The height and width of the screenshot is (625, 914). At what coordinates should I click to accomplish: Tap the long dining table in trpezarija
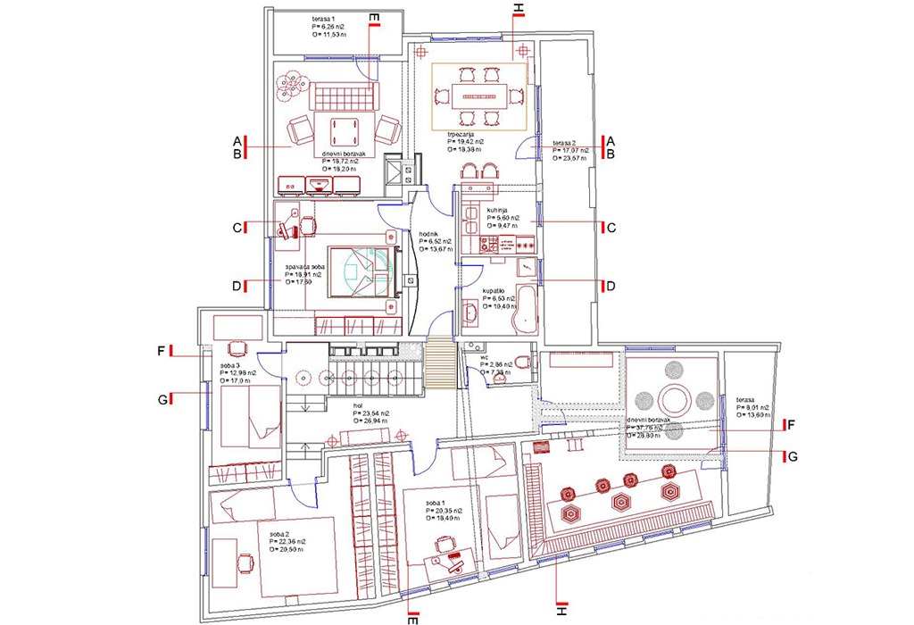click(x=477, y=94)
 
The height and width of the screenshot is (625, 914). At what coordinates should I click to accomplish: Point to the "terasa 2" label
click(x=569, y=143)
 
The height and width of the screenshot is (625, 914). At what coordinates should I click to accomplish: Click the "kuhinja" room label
click(x=499, y=208)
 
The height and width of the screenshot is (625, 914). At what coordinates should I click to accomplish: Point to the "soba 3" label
click(x=220, y=364)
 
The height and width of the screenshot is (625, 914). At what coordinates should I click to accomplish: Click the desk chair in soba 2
click(x=245, y=562)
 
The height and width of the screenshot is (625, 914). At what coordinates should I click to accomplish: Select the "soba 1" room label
click(x=436, y=508)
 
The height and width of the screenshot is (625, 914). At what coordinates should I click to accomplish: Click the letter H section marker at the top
click(x=519, y=11)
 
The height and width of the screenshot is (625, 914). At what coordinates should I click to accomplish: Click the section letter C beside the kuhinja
click(x=611, y=227)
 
